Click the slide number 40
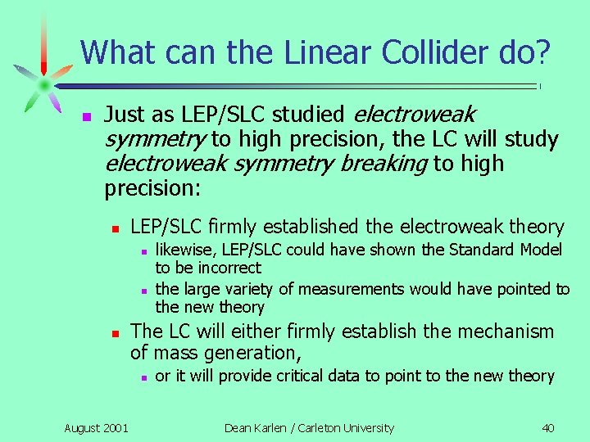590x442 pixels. [x=548, y=427]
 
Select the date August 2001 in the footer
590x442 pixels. [x=96, y=427]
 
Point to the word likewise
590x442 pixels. [x=181, y=250]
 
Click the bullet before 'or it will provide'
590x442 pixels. [x=143, y=377]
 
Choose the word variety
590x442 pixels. [x=245, y=289]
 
